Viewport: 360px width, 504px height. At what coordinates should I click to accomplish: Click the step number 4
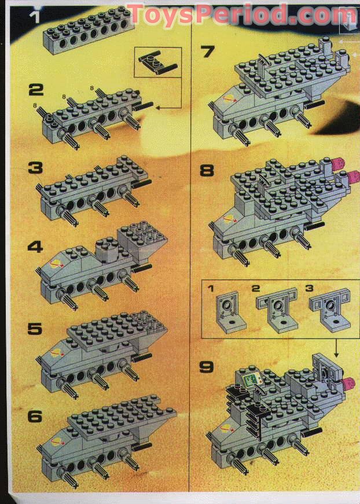(x=35, y=247)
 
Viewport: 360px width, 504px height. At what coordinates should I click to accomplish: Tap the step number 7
(x=207, y=52)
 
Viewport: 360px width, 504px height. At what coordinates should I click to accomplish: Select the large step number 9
(x=207, y=367)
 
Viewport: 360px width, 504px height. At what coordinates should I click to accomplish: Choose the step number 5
(x=35, y=329)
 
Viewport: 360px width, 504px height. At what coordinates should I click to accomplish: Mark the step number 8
(x=207, y=171)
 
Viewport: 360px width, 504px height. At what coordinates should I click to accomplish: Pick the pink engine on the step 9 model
(x=347, y=383)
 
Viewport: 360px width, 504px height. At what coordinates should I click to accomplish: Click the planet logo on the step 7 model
(x=229, y=97)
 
